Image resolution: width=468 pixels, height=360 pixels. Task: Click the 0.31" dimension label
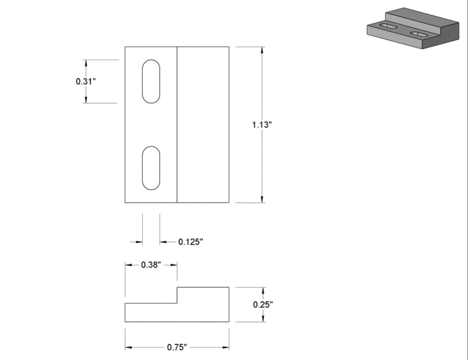[x=86, y=82]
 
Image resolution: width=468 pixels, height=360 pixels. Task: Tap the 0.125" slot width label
[x=190, y=242]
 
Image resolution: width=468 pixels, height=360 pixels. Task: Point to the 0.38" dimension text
[x=151, y=264]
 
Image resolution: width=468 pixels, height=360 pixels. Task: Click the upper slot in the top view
[x=151, y=82]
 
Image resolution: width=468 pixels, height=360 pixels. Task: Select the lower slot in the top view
[x=151, y=168]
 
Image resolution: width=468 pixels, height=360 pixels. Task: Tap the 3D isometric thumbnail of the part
[x=412, y=28]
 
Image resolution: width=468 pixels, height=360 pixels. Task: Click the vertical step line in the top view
[x=178, y=125]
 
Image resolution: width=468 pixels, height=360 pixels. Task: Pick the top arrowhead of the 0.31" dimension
[x=86, y=63]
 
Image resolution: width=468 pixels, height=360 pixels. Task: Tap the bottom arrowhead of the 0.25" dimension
[x=263, y=319]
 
